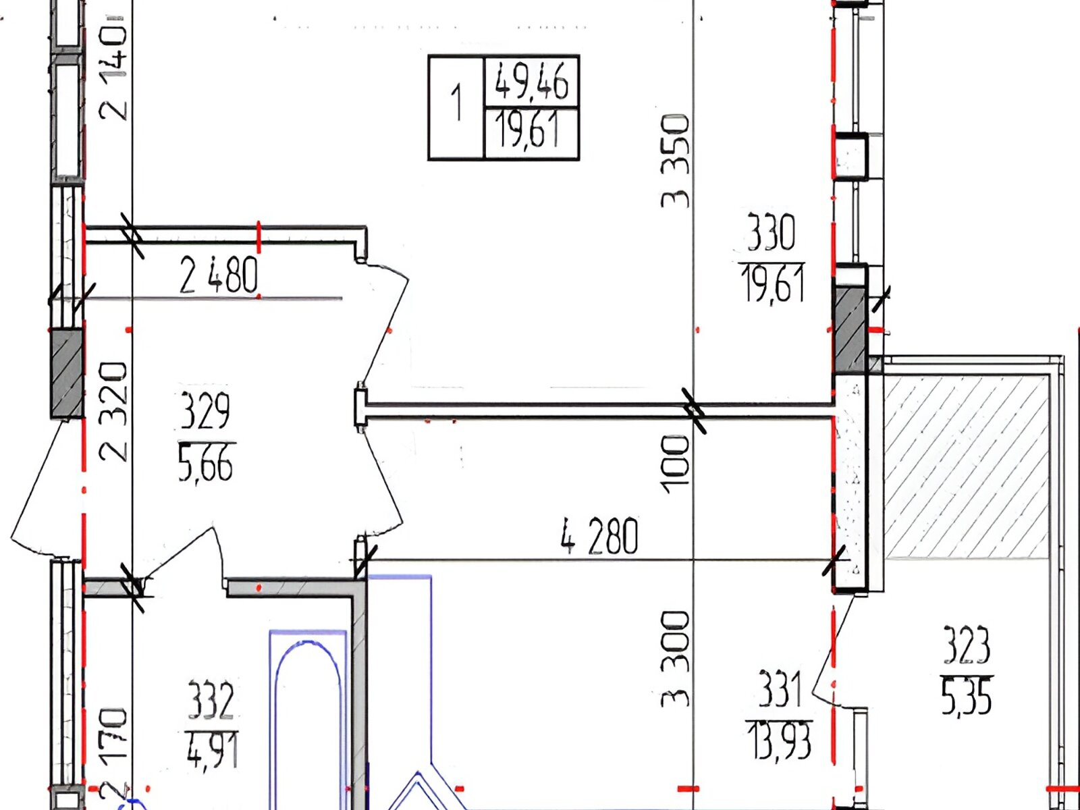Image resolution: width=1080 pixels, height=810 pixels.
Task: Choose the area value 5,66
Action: point(205,463)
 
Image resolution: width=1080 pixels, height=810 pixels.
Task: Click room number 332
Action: point(210,699)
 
